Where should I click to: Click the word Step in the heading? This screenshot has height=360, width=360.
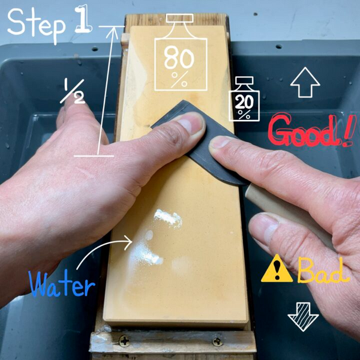[36, 25]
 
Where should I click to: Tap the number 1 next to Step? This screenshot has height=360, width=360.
[83, 19]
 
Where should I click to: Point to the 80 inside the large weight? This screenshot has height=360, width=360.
[179, 58]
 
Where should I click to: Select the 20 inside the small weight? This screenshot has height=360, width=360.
[244, 102]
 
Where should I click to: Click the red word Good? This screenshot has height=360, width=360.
[310, 130]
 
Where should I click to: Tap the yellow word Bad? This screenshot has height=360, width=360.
[323, 270]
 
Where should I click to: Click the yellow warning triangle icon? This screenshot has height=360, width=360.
[277, 269]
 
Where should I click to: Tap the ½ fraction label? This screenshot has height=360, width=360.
[73, 91]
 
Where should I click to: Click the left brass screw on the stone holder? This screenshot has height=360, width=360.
[124, 341]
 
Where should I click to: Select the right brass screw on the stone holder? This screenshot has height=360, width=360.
[217, 342]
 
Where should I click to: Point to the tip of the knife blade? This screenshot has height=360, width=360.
[183, 100]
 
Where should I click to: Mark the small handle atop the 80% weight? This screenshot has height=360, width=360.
[180, 19]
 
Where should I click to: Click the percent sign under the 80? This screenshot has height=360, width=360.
[179, 79]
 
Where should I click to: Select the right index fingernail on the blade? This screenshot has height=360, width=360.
[220, 142]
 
